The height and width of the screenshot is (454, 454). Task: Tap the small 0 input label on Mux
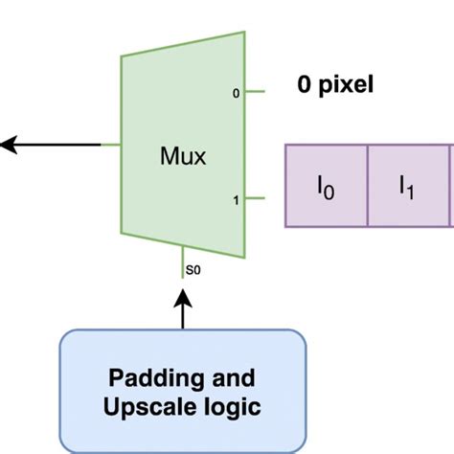point(236,94)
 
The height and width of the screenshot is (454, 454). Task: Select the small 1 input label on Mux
point(236,200)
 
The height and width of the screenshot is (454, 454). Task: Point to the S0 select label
point(193,271)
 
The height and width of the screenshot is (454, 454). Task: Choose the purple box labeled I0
point(327,186)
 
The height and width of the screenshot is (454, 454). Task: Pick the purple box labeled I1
point(408,186)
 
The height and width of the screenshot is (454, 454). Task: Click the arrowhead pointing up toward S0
point(183,300)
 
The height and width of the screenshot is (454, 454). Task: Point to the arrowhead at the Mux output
point(8,146)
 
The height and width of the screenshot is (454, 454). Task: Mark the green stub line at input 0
point(255,93)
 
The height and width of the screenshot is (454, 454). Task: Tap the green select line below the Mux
point(183,262)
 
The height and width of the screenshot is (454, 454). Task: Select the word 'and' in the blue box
point(218,375)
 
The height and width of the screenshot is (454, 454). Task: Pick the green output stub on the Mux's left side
point(111,146)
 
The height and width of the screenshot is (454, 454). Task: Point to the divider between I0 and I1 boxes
point(368,186)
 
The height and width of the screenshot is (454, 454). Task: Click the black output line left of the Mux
point(57,146)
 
